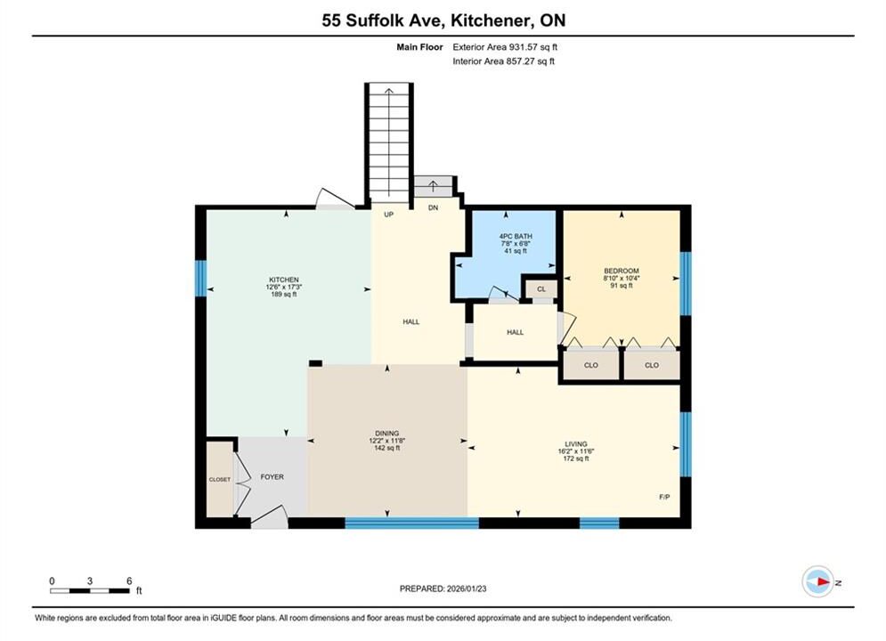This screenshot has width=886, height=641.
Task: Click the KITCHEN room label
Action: tap(284, 280)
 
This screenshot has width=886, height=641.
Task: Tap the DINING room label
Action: tap(387, 434)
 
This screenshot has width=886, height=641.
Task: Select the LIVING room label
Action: tap(576, 444)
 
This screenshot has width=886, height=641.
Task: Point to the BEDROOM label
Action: tap(622, 271)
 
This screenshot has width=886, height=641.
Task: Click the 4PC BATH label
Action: tap(516, 236)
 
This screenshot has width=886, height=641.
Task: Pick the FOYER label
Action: tap(272, 476)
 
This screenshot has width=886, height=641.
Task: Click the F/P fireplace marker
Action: tap(664, 497)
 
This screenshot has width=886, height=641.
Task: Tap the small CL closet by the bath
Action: tap(541, 289)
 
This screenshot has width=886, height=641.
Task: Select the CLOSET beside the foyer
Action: tap(220, 479)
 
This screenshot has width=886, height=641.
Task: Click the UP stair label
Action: tap(389, 215)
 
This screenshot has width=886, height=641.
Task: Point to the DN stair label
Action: tap(434, 207)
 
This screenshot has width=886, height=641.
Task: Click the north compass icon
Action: tap(818, 581)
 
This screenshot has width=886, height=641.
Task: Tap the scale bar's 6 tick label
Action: tap(129, 580)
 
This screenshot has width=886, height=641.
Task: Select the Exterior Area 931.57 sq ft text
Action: tap(505, 47)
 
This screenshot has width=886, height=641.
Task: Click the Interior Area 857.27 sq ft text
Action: tap(503, 61)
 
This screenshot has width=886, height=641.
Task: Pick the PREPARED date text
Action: tap(443, 588)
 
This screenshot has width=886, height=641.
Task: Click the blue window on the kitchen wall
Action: tap(200, 278)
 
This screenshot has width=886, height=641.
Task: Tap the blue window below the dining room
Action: tap(412, 523)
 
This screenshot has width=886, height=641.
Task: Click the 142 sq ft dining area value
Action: tap(387, 448)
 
